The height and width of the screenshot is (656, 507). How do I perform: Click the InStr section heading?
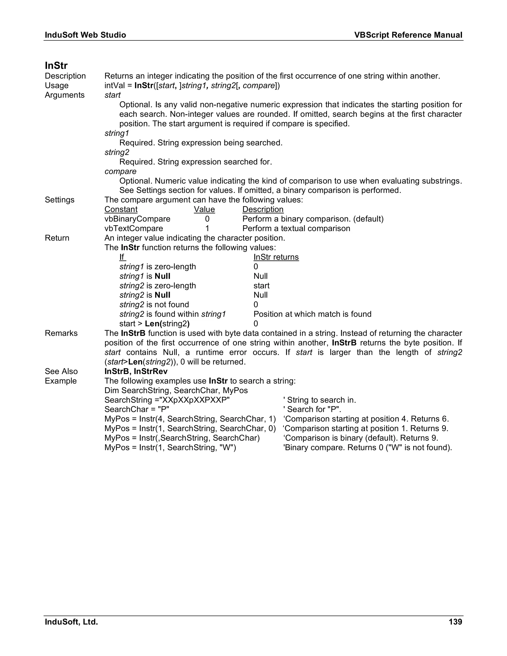point(56,66)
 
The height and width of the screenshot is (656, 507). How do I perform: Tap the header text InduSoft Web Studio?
point(85,35)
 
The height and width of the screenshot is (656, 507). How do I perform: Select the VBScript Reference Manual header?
point(408,35)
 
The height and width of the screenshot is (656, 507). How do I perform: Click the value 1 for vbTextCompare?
point(207,228)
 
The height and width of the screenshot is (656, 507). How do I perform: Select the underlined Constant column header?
point(121,209)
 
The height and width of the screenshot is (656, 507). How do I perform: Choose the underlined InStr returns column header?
point(276,257)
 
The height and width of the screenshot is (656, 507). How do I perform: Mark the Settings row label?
point(59,200)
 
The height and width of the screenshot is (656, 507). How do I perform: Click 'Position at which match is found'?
point(312,314)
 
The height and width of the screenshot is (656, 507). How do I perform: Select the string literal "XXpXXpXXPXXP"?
point(195,400)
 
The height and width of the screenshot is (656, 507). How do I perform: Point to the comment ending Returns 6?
point(366,419)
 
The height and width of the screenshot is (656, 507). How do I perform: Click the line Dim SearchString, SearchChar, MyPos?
point(176,390)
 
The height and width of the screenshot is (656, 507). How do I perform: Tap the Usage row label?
point(56,86)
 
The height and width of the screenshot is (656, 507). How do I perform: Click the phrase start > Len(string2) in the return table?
point(154,324)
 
